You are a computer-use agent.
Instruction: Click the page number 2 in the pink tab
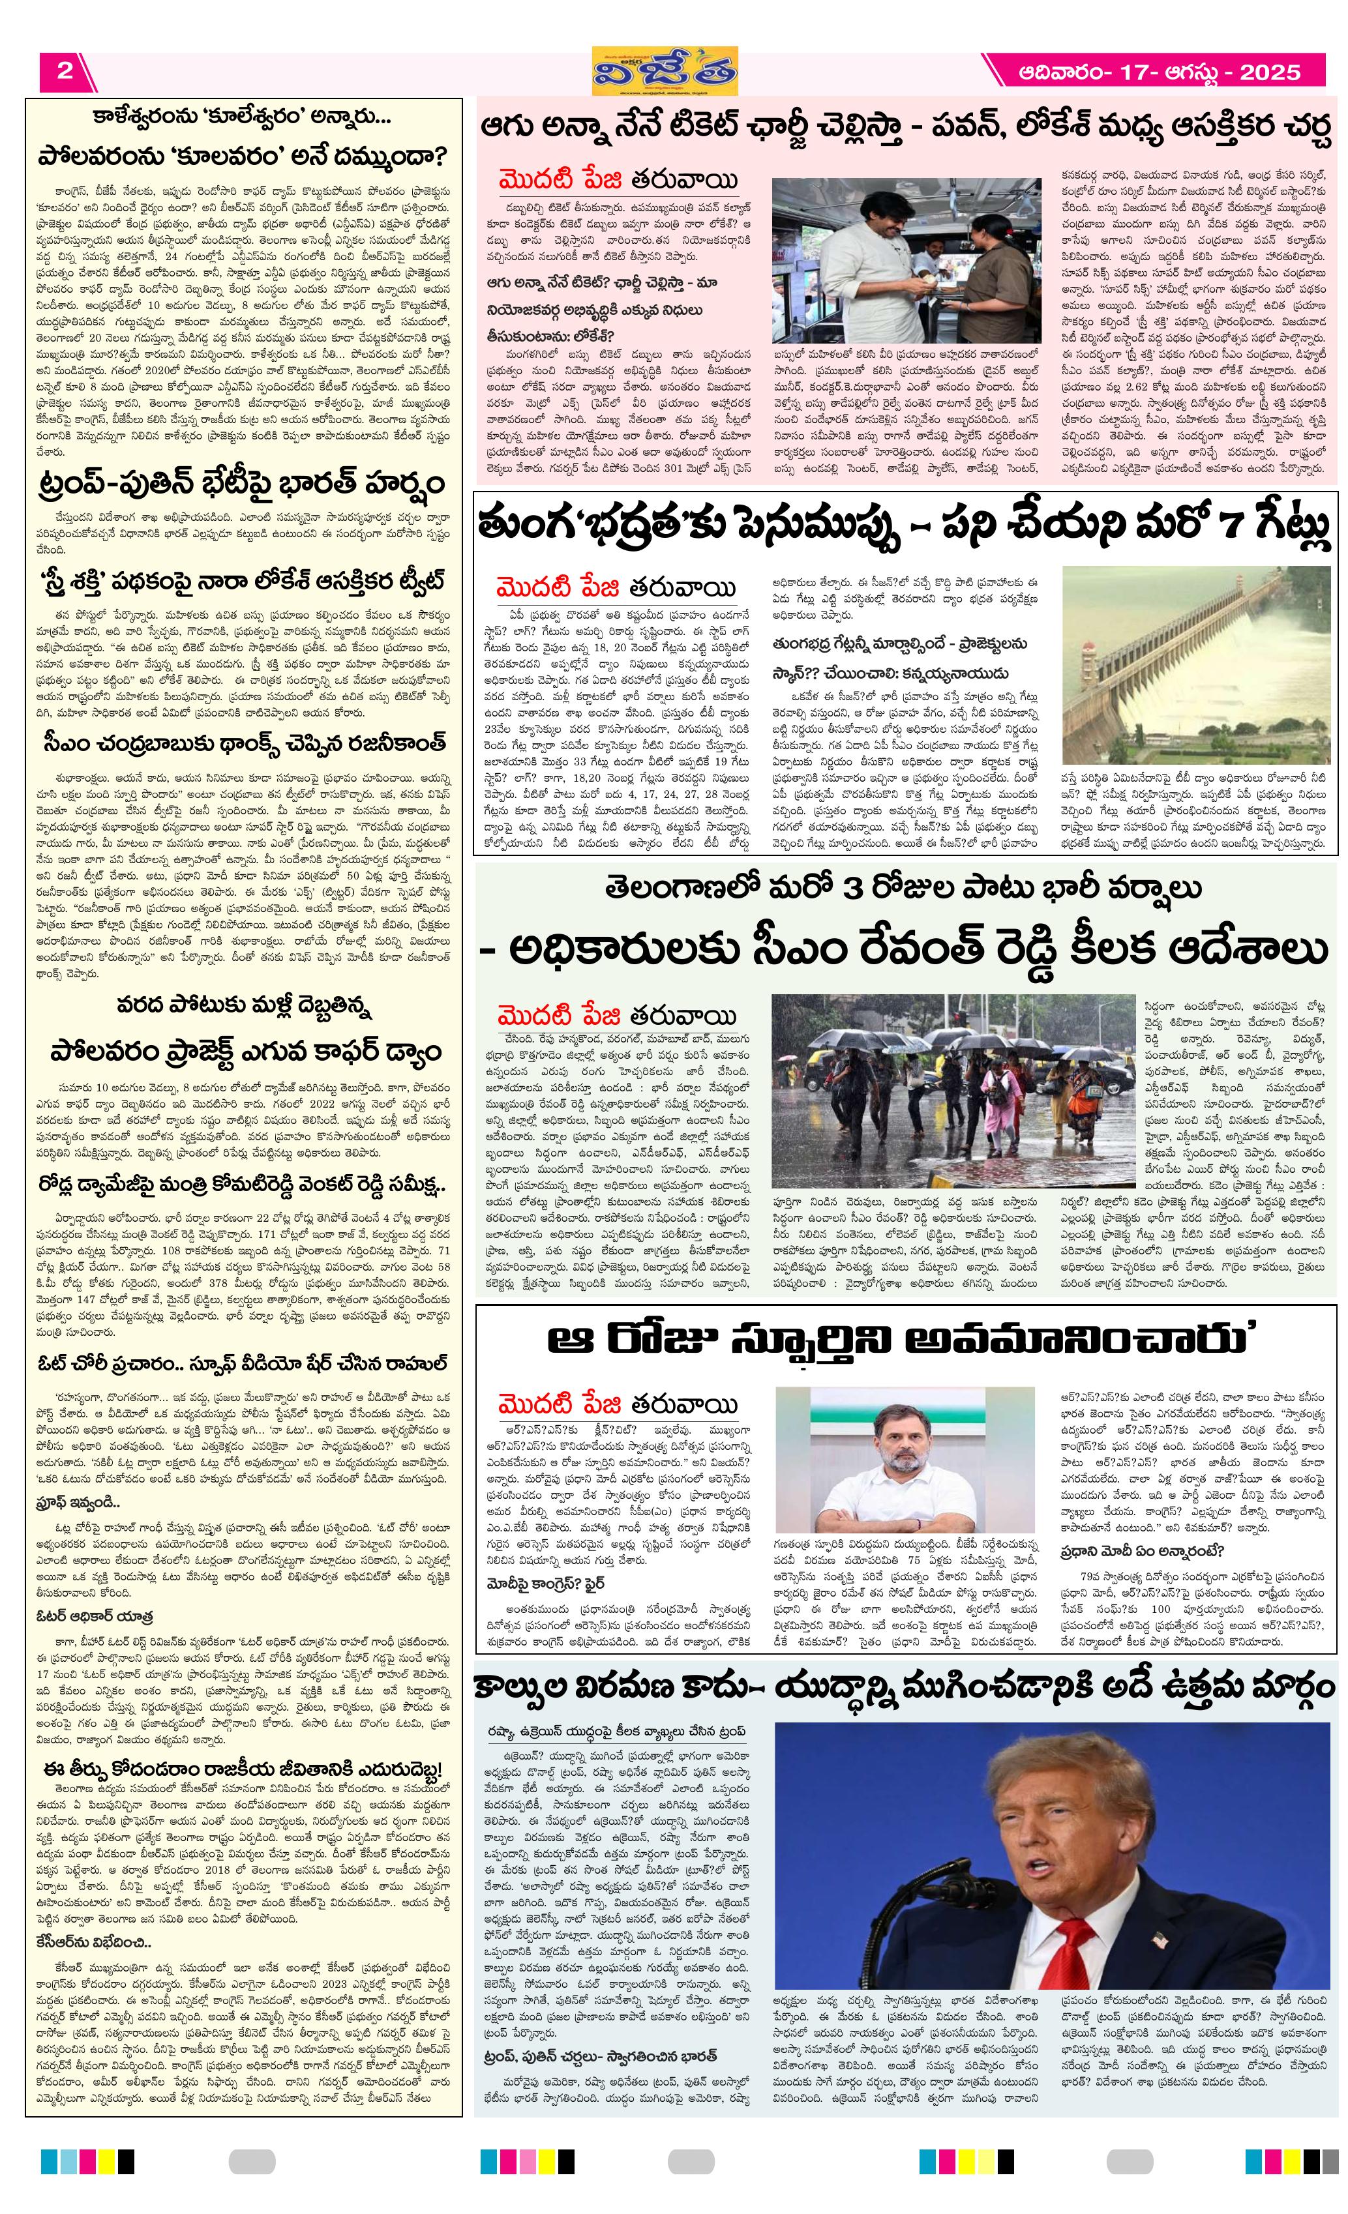coord(65,71)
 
